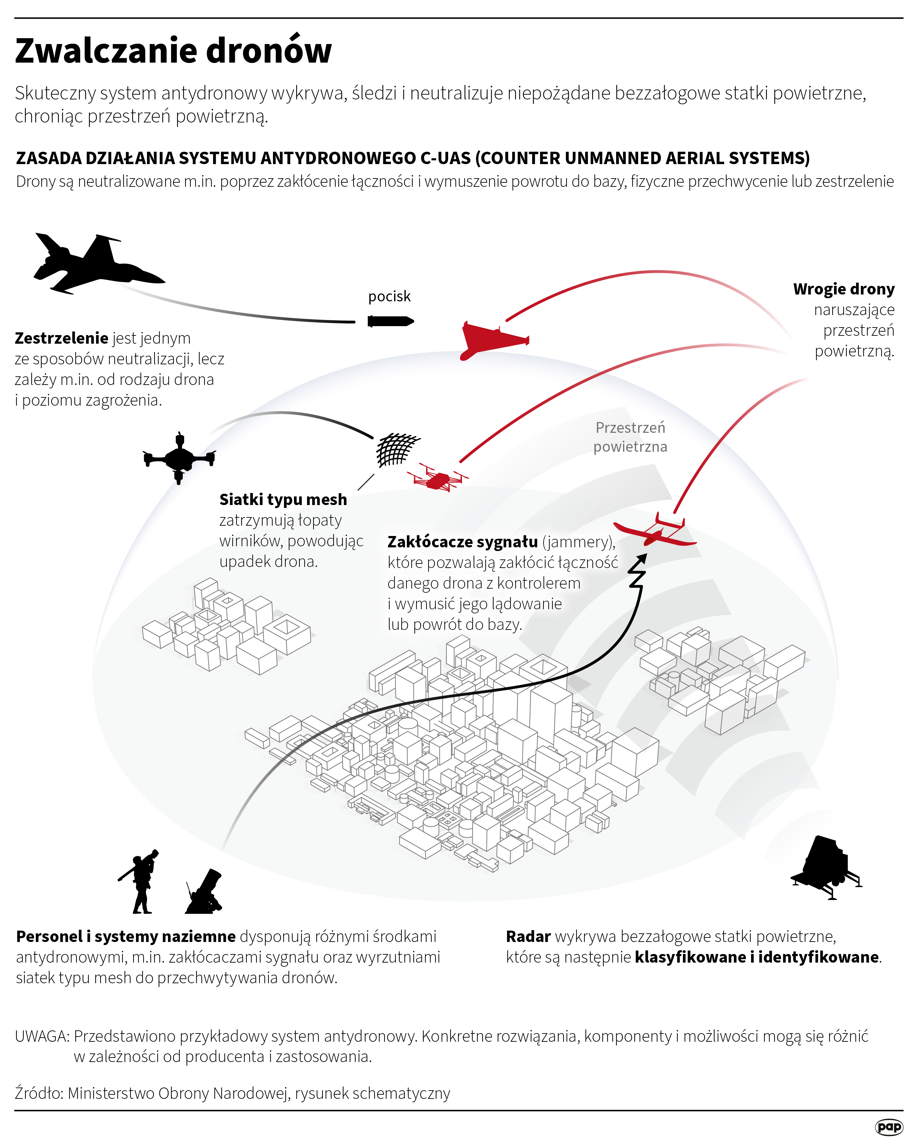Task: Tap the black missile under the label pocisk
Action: pos(390,321)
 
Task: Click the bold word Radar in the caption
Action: pos(528,937)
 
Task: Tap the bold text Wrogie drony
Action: pos(844,289)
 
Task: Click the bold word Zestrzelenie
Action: pos(62,338)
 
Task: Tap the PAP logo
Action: pos(889,1127)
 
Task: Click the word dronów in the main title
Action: pos(269,51)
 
